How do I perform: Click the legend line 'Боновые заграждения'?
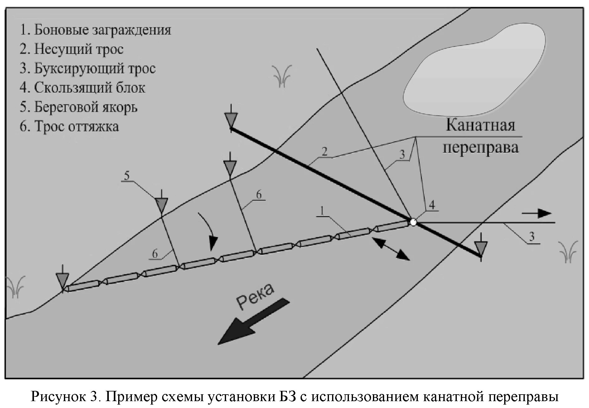(95, 30)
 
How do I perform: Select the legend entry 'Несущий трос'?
(72, 49)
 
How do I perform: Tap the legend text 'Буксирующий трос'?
(88, 69)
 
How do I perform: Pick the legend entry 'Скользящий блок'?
(83, 88)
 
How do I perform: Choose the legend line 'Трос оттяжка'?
(69, 127)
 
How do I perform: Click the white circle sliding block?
(413, 222)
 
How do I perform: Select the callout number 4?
(432, 205)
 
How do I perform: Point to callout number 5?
(126, 176)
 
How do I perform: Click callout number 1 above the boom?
(322, 211)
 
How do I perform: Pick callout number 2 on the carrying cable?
(325, 152)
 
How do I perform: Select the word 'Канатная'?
(480, 125)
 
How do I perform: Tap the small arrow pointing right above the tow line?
(537, 214)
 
